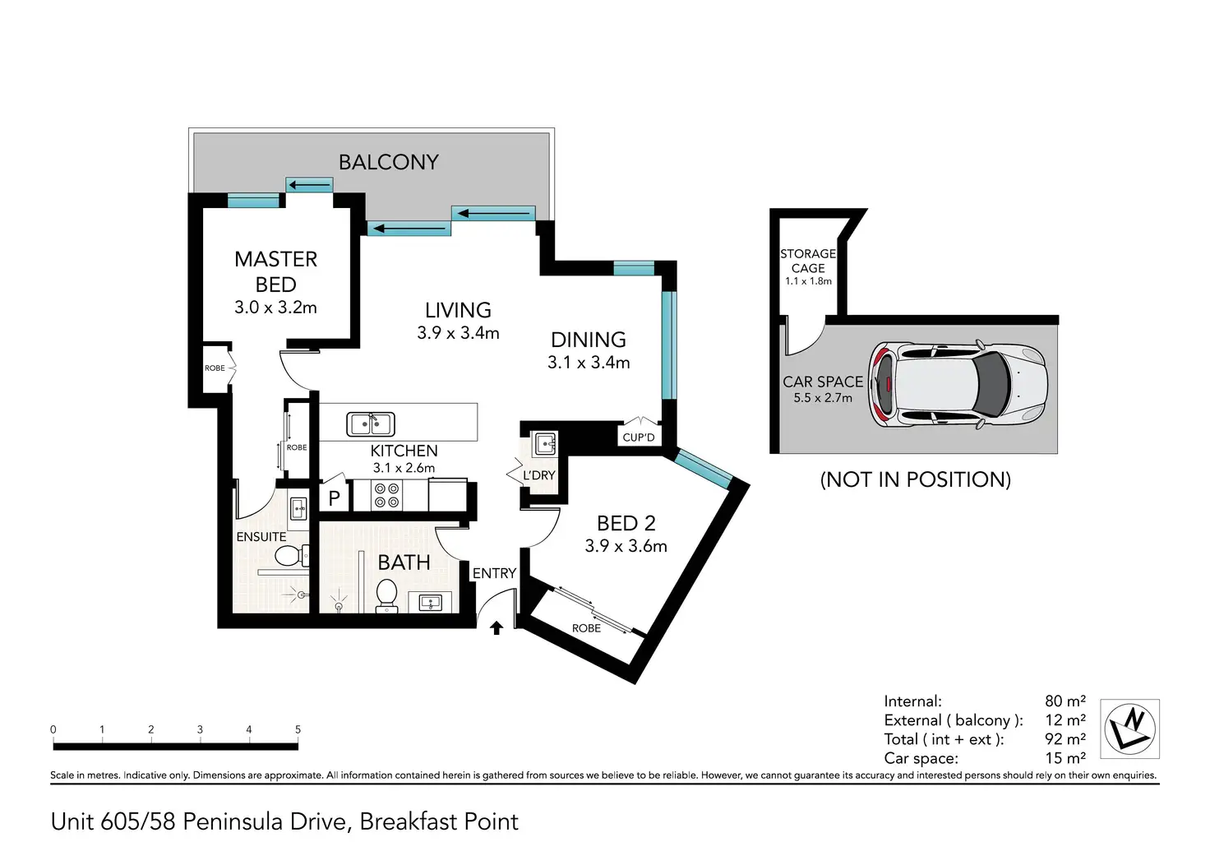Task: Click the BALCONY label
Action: tap(388, 162)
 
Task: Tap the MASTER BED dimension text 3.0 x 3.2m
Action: tap(275, 308)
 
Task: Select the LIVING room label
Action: tap(458, 310)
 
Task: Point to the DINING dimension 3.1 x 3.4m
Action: tap(589, 362)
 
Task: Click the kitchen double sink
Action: tap(371, 424)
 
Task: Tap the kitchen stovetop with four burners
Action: tap(387, 495)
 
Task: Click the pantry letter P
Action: tap(335, 497)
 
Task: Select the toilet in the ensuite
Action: tap(292, 556)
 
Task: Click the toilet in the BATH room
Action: tap(386, 596)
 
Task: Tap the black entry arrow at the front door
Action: tap(496, 628)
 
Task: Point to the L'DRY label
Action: tap(539, 475)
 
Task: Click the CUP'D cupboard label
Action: tap(639, 437)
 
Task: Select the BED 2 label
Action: tap(626, 523)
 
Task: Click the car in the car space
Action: tap(958, 384)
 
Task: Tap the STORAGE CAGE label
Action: tap(808, 261)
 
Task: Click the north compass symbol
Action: tap(1130, 729)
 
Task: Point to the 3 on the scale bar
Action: tap(200, 729)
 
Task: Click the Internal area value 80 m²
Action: tap(1065, 701)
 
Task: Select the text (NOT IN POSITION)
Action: tap(915, 480)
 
